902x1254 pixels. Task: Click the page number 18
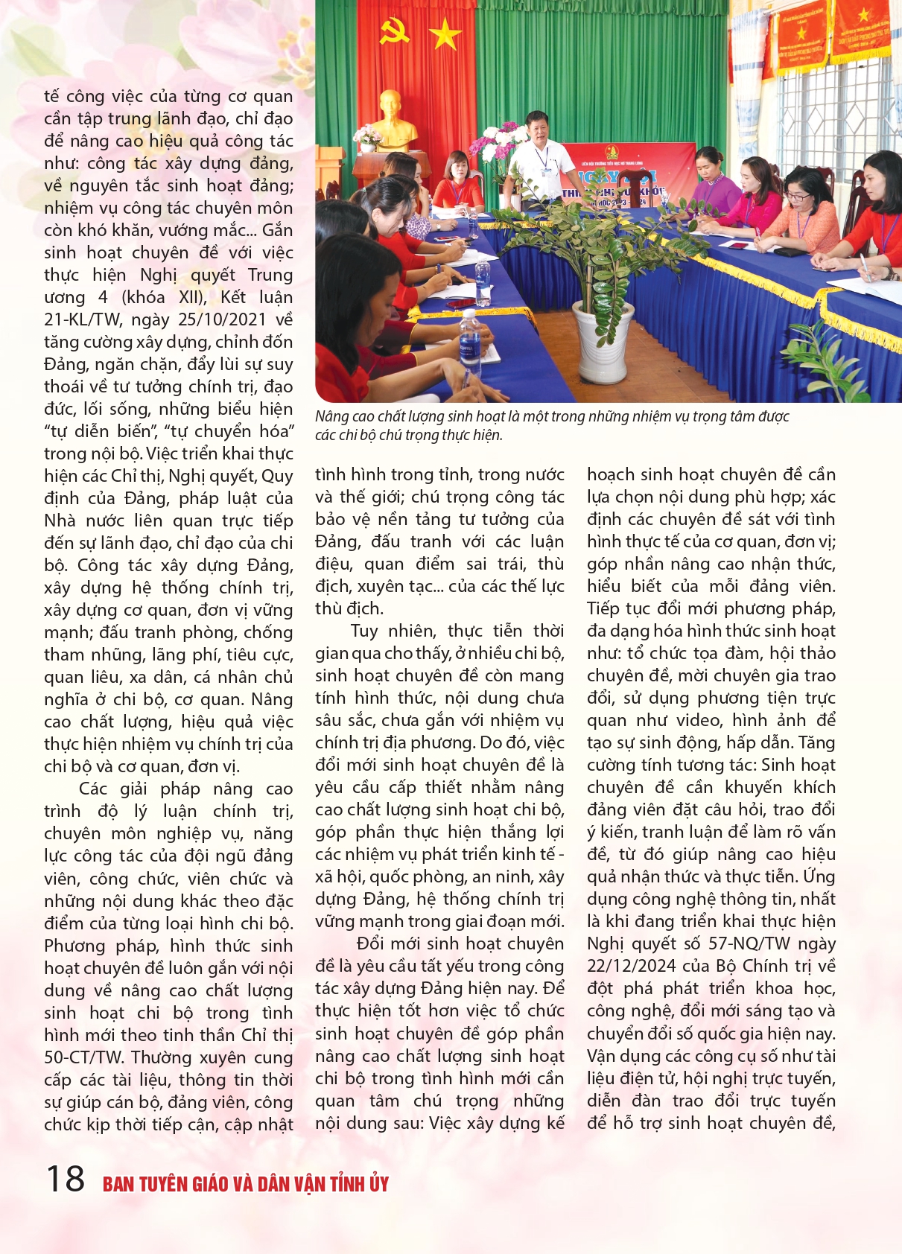66,1179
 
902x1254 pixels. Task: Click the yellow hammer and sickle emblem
395,32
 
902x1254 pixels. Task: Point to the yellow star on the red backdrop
445,34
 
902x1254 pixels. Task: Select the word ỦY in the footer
378,1184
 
